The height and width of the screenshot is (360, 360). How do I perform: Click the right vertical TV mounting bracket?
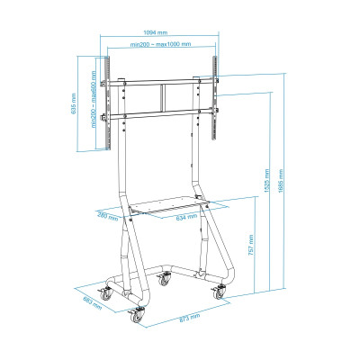coord(215,98)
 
